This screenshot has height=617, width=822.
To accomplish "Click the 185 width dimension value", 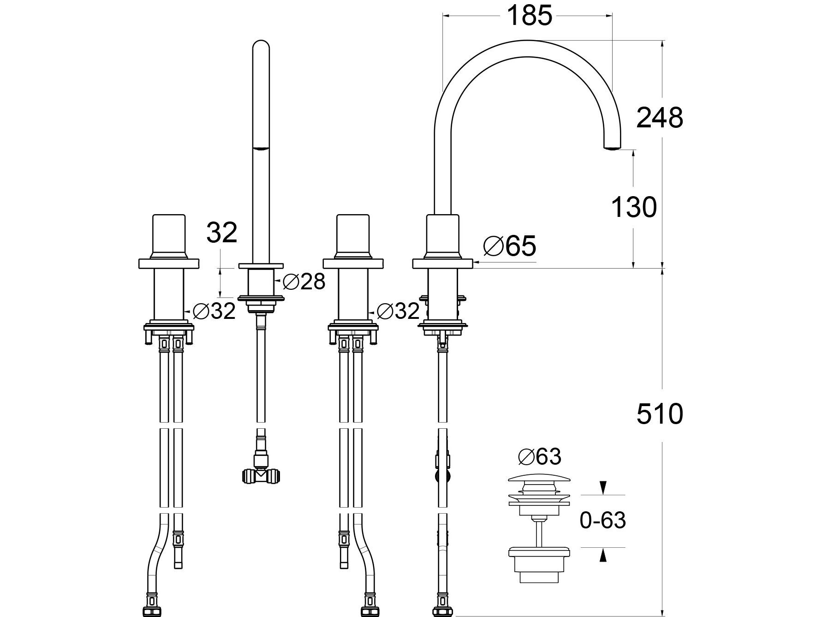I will [x=529, y=16].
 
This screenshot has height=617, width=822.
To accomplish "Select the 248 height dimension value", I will [x=659, y=118].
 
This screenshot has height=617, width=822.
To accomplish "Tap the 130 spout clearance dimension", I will [x=633, y=207].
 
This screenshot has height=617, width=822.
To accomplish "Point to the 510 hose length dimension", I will [x=659, y=414].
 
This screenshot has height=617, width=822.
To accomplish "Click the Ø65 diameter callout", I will [x=510, y=246].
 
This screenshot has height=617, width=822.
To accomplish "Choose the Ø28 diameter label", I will [x=304, y=281].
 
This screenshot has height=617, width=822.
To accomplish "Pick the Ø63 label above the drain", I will [x=540, y=457].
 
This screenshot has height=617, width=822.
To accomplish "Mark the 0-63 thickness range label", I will [x=602, y=521].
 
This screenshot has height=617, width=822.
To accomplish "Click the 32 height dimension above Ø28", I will [x=221, y=233].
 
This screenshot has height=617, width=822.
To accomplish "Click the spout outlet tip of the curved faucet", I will [x=612, y=147].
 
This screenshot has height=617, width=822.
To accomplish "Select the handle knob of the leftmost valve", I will [x=169, y=235].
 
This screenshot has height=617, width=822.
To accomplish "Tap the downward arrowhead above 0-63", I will [x=602, y=488].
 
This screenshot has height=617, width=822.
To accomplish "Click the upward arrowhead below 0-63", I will [x=602, y=557].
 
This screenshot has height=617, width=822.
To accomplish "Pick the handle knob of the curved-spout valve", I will [x=443, y=235].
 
